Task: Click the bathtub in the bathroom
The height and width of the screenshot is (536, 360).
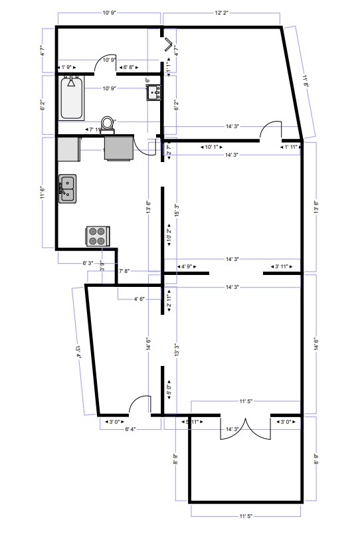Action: tap(71, 98)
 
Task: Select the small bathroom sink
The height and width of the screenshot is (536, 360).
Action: tap(154, 92)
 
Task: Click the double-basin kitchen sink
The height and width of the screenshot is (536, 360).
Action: tap(67, 189)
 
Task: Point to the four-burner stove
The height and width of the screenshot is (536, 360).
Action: tap(98, 236)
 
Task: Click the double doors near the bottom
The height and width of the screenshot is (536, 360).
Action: tap(246, 430)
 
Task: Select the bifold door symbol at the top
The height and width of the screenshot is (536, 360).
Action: tap(169, 46)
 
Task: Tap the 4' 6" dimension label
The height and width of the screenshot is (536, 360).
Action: tap(139, 299)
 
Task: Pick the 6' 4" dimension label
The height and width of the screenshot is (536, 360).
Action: tap(130, 429)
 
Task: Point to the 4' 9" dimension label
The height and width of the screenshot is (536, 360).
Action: tap(186, 266)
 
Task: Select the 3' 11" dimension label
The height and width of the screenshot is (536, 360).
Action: tap(283, 266)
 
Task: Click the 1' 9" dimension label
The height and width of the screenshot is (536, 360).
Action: tap(68, 68)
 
